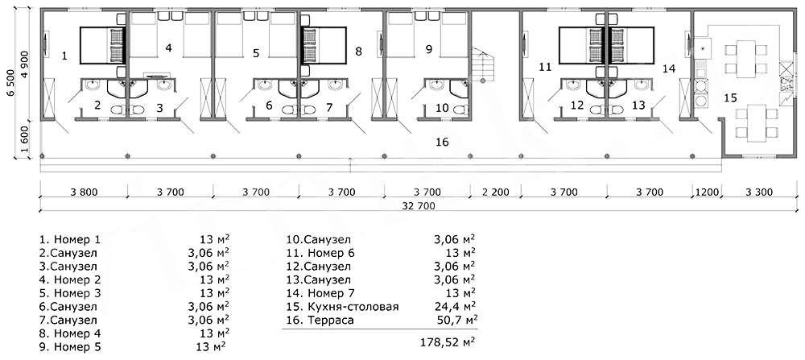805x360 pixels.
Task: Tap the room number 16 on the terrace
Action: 441,141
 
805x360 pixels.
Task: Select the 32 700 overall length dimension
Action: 419,206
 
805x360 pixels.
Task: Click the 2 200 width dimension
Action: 496,192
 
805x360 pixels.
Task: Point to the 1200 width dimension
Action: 708,192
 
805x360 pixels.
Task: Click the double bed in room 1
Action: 101,46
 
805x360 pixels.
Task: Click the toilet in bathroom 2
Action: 118,109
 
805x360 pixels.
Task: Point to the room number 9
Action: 430,49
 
